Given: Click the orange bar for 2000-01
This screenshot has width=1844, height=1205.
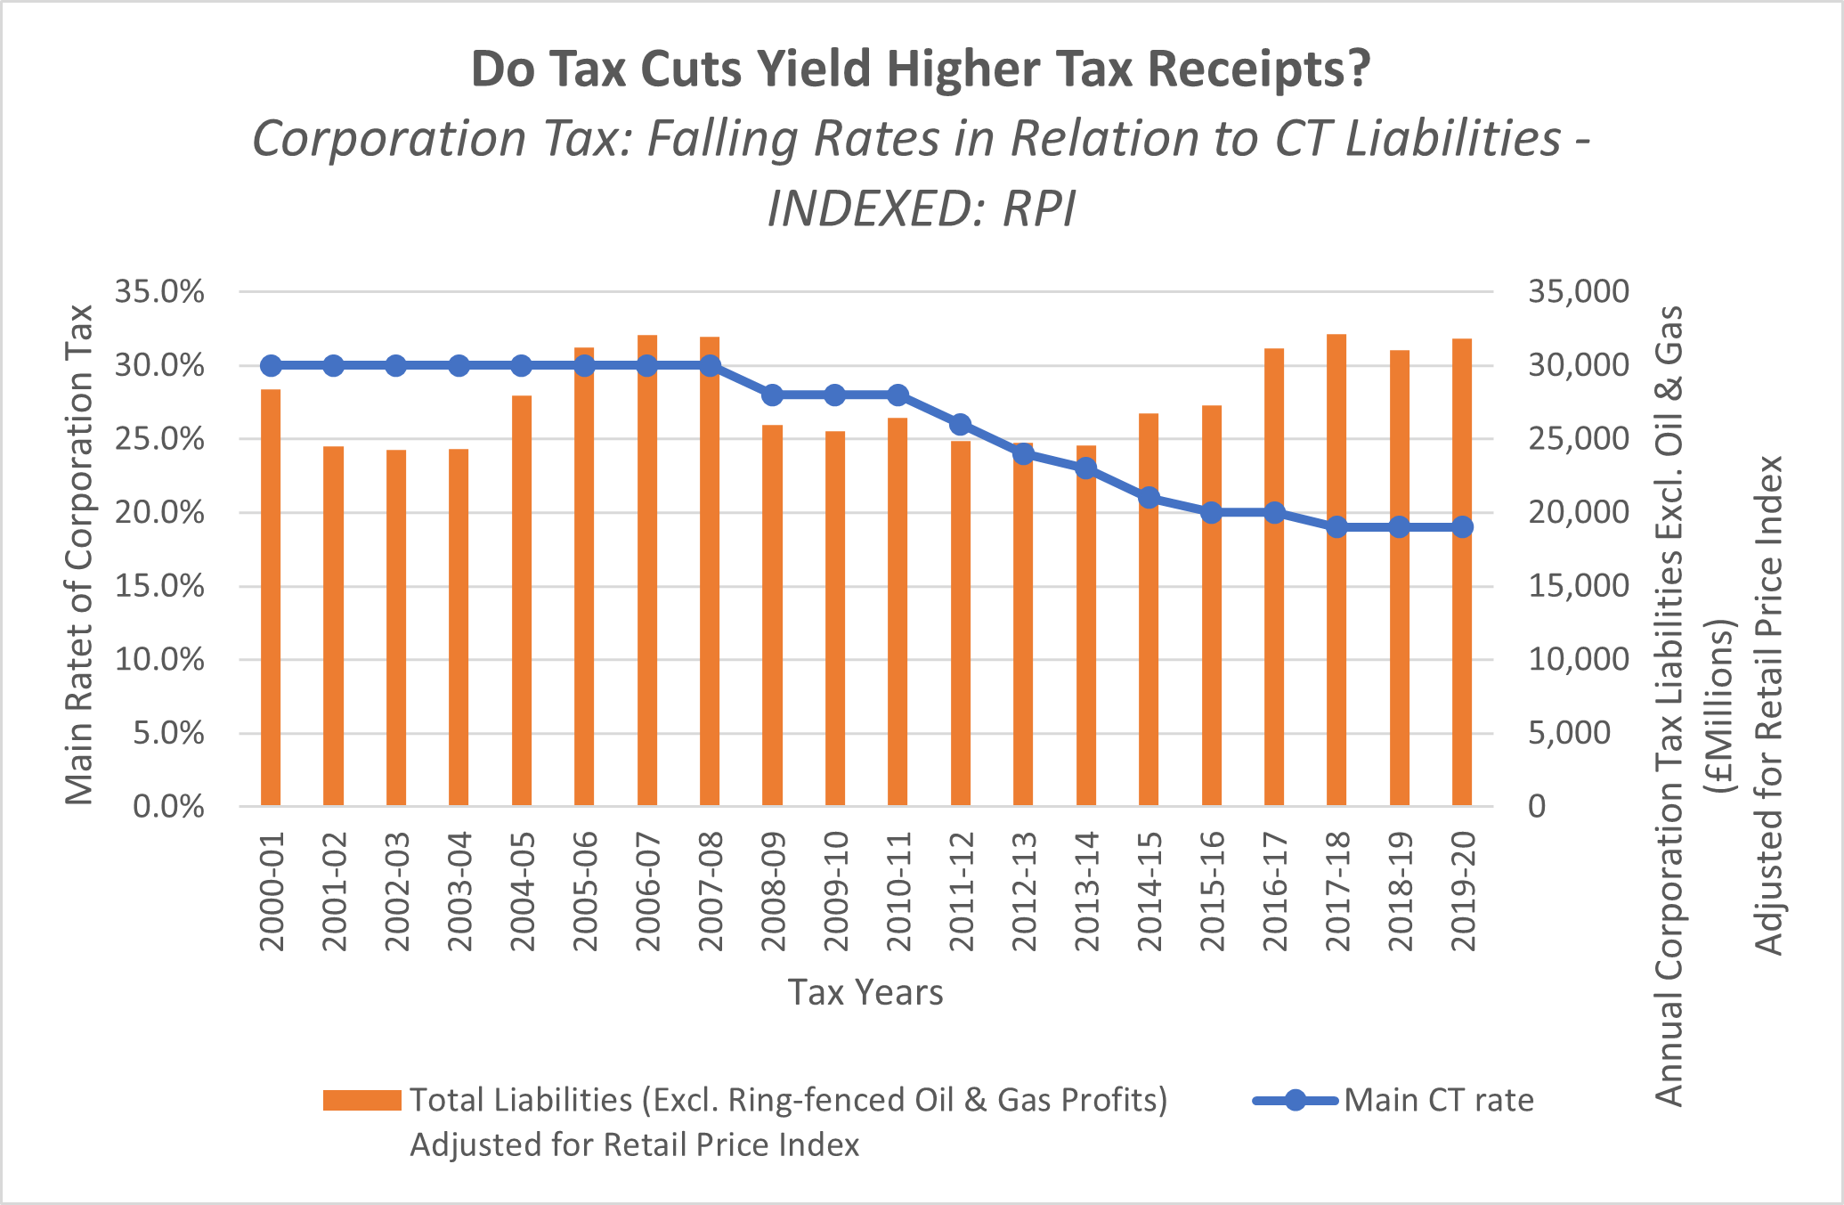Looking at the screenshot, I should (x=271, y=597).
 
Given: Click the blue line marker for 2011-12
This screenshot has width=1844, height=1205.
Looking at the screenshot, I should (x=960, y=424).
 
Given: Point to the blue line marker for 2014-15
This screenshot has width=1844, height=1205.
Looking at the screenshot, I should (x=1149, y=498).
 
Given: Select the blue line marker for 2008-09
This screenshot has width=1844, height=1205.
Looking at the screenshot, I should (x=772, y=395).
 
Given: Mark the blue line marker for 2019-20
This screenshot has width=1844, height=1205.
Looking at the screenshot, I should (x=1462, y=527).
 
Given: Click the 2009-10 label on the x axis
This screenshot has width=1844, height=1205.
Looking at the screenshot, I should (x=835, y=892).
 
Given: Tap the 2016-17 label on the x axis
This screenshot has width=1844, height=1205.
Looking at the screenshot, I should (x=1274, y=892).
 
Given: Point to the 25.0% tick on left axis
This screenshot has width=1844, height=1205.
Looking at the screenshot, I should (x=159, y=439).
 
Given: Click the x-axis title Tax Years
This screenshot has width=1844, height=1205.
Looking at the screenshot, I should (x=865, y=992).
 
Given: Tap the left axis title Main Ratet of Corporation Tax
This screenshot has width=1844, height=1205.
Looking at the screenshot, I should (x=80, y=554).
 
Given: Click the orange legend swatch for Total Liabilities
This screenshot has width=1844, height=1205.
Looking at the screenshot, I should (x=361, y=1101).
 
